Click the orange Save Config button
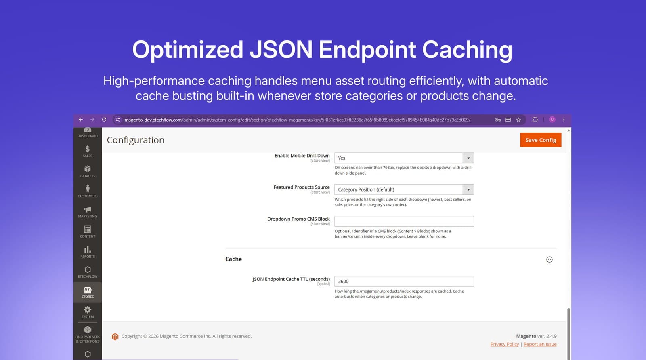click(541, 140)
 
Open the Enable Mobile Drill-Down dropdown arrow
click(468, 158)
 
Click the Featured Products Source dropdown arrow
click(468, 189)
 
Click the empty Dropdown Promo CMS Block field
click(404, 221)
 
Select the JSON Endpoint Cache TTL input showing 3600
click(404, 282)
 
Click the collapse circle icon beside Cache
click(550, 259)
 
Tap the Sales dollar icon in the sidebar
click(87, 149)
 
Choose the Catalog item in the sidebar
click(87, 171)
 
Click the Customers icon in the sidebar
click(87, 189)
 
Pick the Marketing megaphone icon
click(87, 209)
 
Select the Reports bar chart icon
click(87, 249)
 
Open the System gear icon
click(87, 310)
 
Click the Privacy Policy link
click(504, 344)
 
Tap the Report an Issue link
click(540, 344)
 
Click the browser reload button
click(104, 120)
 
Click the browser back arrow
click(81, 120)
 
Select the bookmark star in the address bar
click(518, 120)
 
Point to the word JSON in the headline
click(281, 49)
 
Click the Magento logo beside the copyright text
click(115, 337)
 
